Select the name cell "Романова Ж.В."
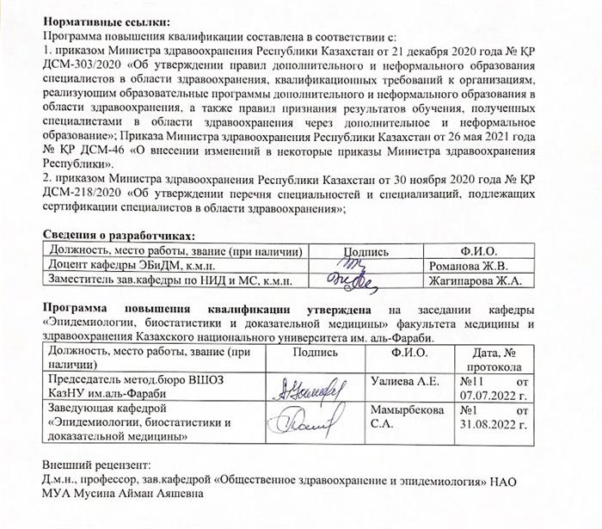tap(466, 266)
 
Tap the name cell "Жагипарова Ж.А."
tap(476, 280)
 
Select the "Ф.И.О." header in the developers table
tap(477, 251)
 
